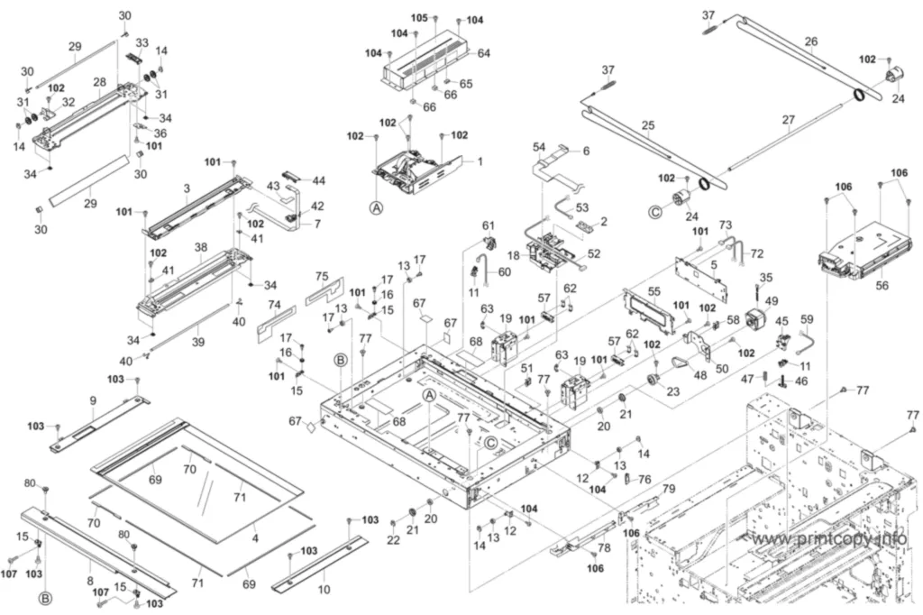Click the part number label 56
tap(882, 285)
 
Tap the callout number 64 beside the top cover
tap(484, 53)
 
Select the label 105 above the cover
tap(419, 18)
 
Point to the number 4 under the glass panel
tap(255, 537)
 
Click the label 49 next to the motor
tap(772, 301)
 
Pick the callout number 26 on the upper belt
tap(811, 41)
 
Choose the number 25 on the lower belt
tap(648, 125)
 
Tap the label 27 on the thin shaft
tap(788, 121)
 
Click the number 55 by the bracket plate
tap(654, 291)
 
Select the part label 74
tap(274, 305)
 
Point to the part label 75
tap(322, 277)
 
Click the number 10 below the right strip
tap(324, 589)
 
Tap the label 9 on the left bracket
tap(93, 400)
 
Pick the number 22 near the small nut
tap(393, 540)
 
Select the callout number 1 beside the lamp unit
tap(480, 161)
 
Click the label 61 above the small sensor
tap(489, 225)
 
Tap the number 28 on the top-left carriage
tap(99, 82)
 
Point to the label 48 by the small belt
tap(699, 374)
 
